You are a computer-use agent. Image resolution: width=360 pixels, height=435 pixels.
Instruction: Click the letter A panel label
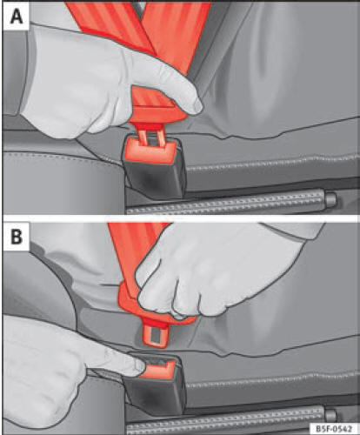[x=17, y=17]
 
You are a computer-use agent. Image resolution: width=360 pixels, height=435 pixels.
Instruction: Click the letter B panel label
[x=17, y=237]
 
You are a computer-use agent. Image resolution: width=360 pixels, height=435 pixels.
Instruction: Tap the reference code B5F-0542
[x=334, y=429]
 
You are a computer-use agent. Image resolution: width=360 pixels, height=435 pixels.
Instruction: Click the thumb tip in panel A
[x=196, y=106]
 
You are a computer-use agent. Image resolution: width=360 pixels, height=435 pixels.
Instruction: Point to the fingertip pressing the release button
[x=138, y=367]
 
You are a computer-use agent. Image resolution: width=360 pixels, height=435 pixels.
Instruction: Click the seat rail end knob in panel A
[x=330, y=198]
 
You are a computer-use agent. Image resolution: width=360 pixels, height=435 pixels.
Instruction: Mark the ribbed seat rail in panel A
[x=226, y=202]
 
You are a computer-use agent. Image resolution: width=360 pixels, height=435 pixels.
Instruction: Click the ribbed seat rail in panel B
[x=226, y=418]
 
